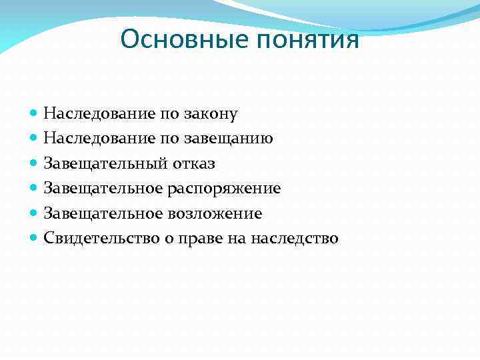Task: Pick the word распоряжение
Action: [x=233, y=189]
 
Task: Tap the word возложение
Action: [x=224, y=213]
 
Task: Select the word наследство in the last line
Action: [x=293, y=238]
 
